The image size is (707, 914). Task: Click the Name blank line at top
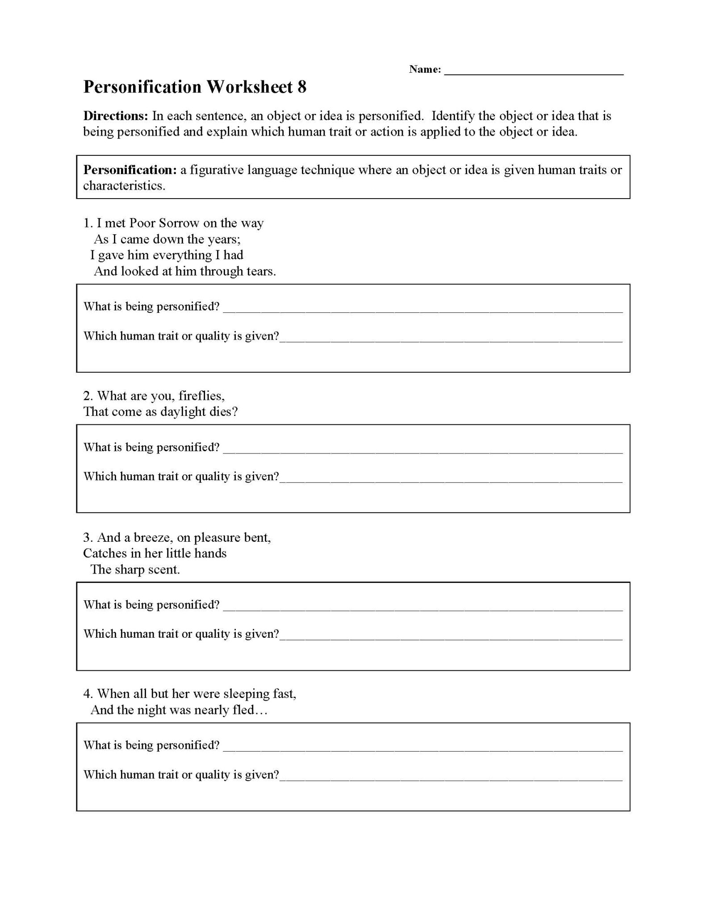click(534, 73)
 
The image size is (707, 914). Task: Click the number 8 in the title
click(302, 87)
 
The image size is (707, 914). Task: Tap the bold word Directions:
click(115, 116)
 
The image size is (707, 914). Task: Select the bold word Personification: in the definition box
click(130, 170)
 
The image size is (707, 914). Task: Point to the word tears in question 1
click(260, 271)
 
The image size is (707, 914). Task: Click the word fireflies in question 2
click(201, 396)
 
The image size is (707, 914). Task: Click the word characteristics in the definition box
click(124, 186)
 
